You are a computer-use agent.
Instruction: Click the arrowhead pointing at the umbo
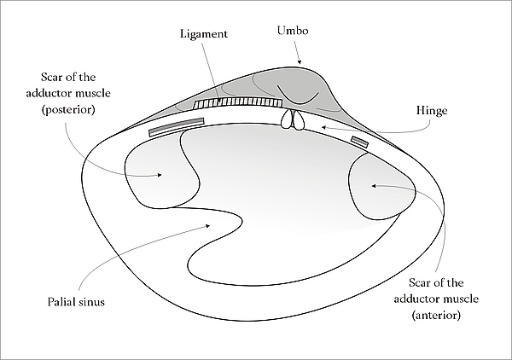click(298, 62)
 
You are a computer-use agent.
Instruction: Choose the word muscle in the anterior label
click(463, 299)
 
